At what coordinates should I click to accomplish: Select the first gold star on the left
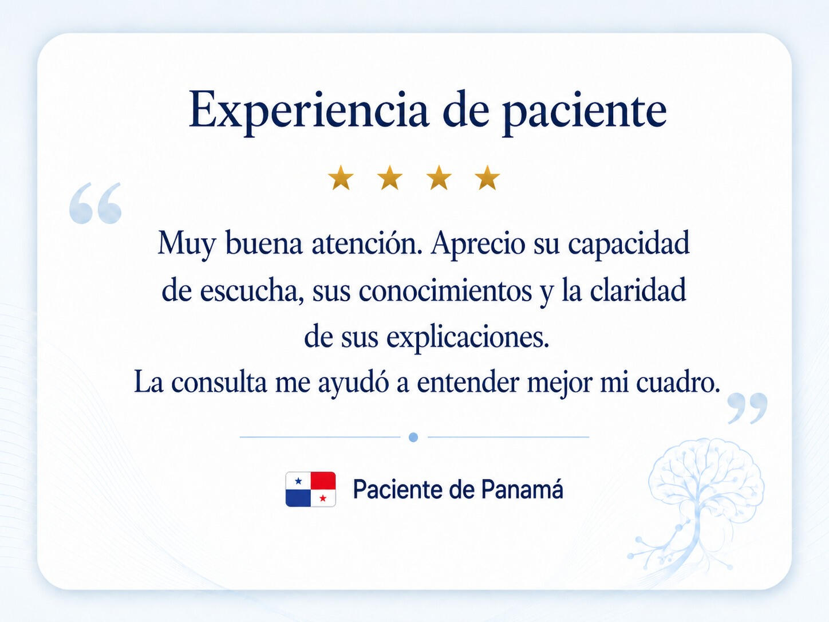point(341,178)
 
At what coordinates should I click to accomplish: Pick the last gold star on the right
point(487,178)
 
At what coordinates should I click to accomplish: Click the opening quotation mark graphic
point(95,203)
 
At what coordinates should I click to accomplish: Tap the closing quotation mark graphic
point(748,408)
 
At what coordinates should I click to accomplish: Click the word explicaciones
point(468,338)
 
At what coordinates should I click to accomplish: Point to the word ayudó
point(353,383)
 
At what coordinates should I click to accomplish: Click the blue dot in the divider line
point(413,438)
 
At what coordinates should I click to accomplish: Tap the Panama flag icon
point(310,489)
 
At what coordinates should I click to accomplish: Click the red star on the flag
point(323,498)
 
